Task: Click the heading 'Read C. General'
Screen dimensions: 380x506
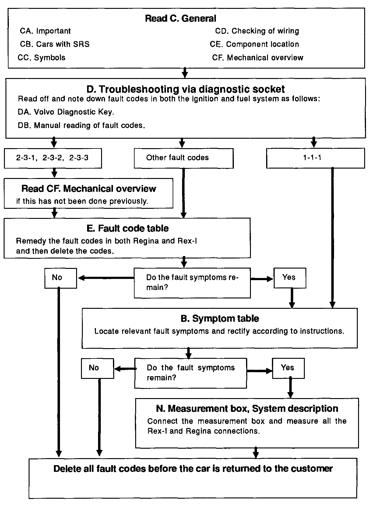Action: point(181,19)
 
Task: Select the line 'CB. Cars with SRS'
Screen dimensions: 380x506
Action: point(55,44)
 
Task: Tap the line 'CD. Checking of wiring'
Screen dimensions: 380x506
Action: point(257,31)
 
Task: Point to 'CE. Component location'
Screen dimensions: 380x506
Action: point(254,44)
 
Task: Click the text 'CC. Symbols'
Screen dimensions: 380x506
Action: point(41,58)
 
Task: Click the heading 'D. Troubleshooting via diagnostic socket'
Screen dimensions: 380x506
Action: point(185,89)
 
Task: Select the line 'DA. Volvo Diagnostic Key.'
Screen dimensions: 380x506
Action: point(66,112)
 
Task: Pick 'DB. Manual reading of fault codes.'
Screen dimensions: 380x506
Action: point(82,125)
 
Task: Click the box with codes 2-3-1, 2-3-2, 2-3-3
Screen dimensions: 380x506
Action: point(53,158)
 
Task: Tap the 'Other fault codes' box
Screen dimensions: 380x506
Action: point(184,158)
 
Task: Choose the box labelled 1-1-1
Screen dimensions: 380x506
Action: point(315,158)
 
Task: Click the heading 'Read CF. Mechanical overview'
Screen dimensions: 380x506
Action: point(89,189)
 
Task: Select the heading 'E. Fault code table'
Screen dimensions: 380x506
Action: point(128,228)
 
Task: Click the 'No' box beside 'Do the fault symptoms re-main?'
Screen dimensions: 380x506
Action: point(61,278)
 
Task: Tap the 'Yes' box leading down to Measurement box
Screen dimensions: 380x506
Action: point(288,368)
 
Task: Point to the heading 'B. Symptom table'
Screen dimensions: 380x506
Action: point(220,318)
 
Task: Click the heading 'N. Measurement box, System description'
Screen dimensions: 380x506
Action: point(247,408)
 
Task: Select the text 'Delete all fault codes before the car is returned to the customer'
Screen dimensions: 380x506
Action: point(193,469)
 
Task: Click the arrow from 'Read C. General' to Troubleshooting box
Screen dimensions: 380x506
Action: point(185,73)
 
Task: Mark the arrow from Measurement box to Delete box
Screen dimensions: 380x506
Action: point(256,453)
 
